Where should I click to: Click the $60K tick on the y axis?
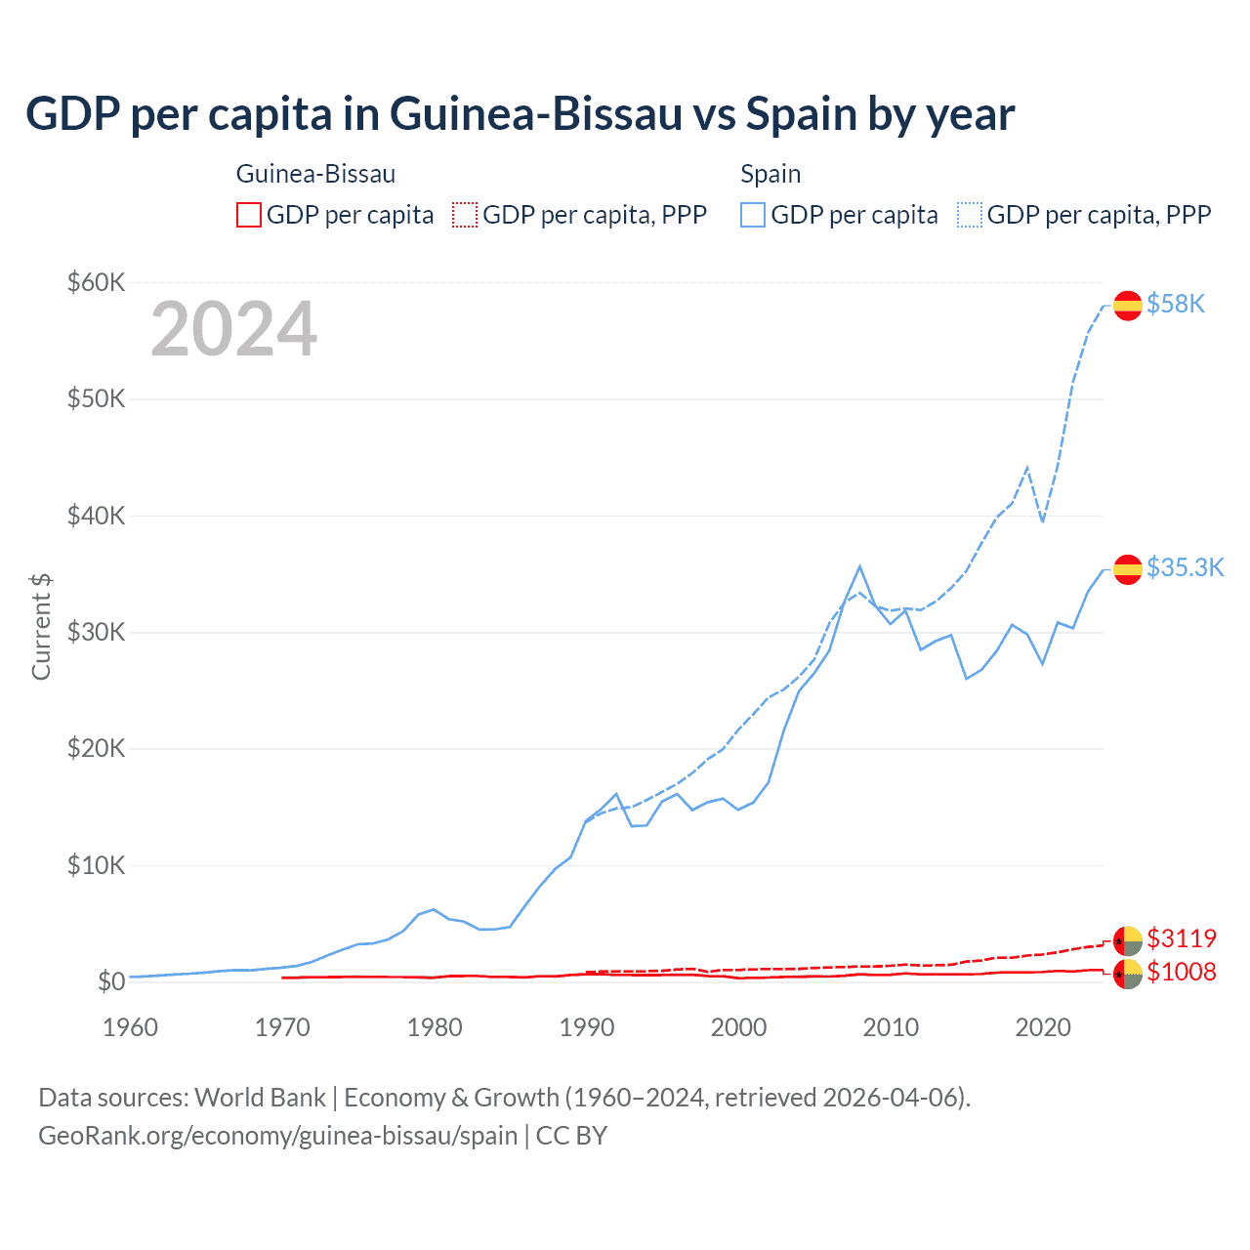point(96,283)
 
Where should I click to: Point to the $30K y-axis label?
point(96,632)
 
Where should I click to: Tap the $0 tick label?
point(111,981)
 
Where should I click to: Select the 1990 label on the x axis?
point(587,1027)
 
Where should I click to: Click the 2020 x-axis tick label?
point(1043,1027)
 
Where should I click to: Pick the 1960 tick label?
point(131,1027)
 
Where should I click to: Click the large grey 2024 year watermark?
point(234,329)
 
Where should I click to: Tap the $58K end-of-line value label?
point(1176,305)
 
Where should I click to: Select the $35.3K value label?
point(1185,567)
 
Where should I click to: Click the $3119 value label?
point(1182,938)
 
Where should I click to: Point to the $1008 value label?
point(1182,972)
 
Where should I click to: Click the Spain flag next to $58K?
point(1128,306)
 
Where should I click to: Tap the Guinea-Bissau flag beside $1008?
point(1128,974)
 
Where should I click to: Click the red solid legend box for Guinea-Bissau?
point(249,215)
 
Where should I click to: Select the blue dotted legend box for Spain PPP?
point(970,215)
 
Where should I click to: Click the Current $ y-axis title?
point(41,626)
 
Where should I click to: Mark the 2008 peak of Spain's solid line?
point(859,566)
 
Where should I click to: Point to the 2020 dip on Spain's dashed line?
point(1042,521)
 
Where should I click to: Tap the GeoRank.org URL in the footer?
point(278,1136)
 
